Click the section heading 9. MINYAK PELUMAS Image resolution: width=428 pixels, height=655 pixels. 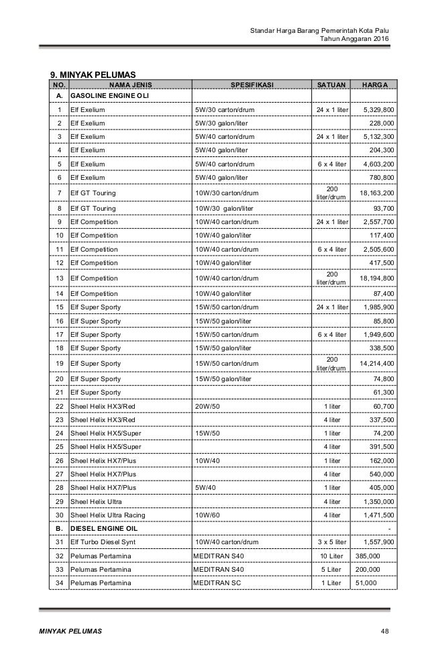pyautogui.click(x=93, y=73)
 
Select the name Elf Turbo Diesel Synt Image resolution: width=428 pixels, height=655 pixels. pyautogui.click(x=107, y=541)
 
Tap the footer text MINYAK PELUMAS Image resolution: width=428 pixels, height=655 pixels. pyautogui.click(x=70, y=632)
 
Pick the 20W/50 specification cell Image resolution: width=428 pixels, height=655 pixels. pyautogui.click(x=207, y=406)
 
